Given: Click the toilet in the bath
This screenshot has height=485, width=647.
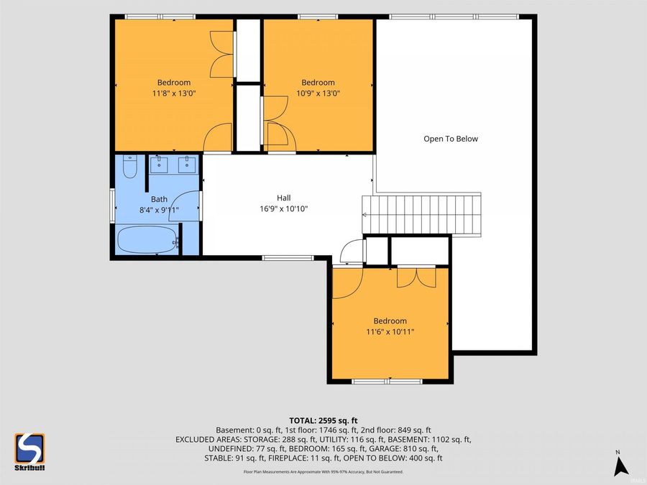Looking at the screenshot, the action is (130, 167).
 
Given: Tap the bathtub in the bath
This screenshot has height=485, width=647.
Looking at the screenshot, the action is (147, 239).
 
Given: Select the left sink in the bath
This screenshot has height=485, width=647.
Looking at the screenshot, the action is (158, 164).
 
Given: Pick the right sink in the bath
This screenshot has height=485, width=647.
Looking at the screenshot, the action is (188, 164).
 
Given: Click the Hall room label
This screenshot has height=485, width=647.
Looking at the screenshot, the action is (284, 198).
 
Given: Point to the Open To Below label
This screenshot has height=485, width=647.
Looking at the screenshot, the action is (451, 139).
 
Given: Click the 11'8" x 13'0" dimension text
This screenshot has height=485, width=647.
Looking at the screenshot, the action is (174, 93).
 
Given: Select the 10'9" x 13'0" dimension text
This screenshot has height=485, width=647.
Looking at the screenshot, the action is (318, 93).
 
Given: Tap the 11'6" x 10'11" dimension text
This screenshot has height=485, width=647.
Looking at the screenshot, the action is (390, 331).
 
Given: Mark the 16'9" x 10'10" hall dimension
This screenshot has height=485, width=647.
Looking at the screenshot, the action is (284, 208).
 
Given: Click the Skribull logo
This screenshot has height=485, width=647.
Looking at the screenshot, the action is (29, 452).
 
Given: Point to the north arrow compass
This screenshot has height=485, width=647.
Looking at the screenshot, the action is (620, 463).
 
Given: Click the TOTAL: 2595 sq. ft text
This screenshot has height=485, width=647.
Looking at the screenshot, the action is (323, 420).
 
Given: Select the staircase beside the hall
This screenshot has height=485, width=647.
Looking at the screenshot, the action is (422, 214).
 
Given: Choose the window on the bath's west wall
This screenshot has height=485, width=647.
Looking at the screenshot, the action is (112, 205).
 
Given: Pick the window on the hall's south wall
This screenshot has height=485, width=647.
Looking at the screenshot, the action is (288, 258).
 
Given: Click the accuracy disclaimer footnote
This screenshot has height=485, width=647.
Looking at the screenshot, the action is (323, 472).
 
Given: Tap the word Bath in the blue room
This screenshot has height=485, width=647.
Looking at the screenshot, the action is (159, 199).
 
